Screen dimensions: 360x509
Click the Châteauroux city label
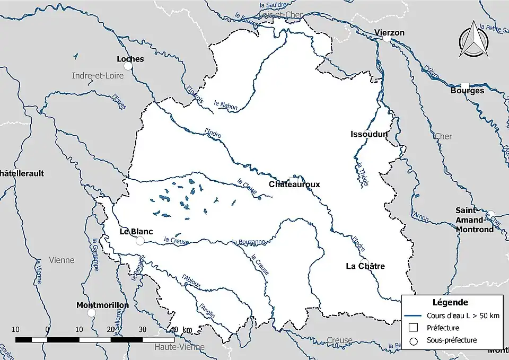click(x=294, y=185)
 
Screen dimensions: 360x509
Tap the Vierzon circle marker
click(x=387, y=39)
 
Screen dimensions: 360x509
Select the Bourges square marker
click(x=465, y=85)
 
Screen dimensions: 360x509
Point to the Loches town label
click(x=130, y=59)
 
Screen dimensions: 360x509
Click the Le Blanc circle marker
click(x=140, y=241)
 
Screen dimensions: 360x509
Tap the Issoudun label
click(x=369, y=134)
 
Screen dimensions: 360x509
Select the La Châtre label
click(x=365, y=266)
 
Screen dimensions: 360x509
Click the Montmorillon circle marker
click(x=91, y=313)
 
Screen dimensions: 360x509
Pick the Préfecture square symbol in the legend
click(x=415, y=328)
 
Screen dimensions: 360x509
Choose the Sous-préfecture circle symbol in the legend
click(x=415, y=340)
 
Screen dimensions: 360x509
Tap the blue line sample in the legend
click(x=415, y=316)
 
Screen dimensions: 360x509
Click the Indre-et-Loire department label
click(x=98, y=76)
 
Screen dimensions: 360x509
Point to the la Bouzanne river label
click(x=248, y=242)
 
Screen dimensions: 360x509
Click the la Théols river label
click(x=362, y=173)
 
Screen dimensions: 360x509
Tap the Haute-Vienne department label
click(x=179, y=347)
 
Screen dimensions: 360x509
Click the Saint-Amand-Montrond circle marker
click(x=491, y=214)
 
